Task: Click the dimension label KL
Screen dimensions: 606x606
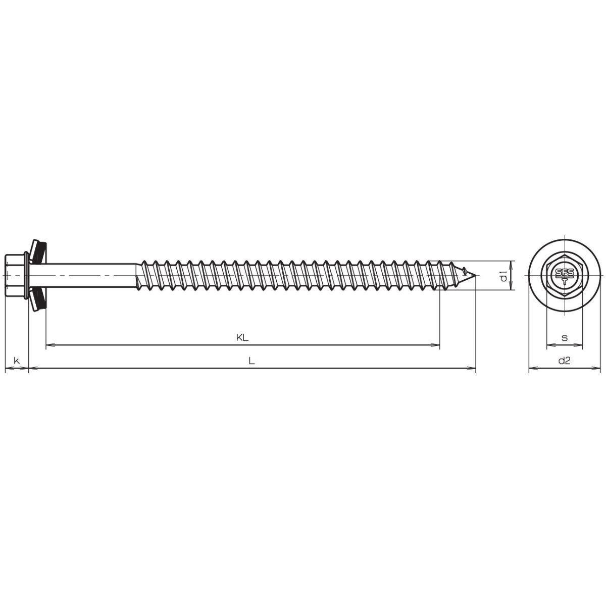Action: pos(242,338)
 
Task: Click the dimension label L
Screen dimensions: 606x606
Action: pos(251,361)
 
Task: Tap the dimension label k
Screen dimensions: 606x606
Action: pos(17,361)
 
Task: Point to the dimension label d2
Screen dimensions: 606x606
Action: pos(564,361)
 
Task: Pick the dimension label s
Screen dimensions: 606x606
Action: pos(565,338)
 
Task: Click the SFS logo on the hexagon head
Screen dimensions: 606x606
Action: pos(565,275)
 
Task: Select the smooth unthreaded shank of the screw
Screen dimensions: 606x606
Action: pos(91,275)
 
